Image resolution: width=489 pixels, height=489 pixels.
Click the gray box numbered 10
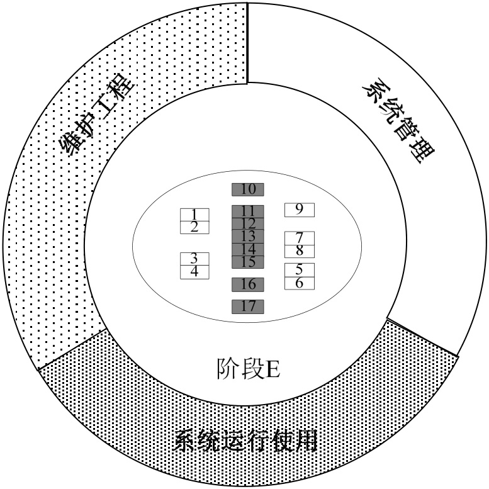[x=247, y=189]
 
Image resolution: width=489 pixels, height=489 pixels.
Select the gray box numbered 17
[x=247, y=306]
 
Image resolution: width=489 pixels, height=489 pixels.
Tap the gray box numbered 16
[x=247, y=284]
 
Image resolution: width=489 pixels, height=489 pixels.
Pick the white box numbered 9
[x=299, y=210]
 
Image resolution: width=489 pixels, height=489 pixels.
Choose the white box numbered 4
[x=194, y=272]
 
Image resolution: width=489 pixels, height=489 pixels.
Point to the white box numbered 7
[x=299, y=238]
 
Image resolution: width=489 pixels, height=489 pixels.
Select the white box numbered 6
[x=299, y=283]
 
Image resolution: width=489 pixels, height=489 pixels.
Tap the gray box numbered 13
[x=247, y=236]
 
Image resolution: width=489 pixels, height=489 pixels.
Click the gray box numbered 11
[x=247, y=211]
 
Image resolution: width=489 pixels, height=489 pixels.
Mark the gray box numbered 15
[x=247, y=262]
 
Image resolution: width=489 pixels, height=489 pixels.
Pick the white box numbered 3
[x=194, y=259]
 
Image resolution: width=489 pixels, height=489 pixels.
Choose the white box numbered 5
[x=299, y=269]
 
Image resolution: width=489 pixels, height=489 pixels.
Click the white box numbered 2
[x=194, y=227]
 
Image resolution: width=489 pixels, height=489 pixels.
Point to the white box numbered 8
[x=299, y=251]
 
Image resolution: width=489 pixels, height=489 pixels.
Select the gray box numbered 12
[x=247, y=223]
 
